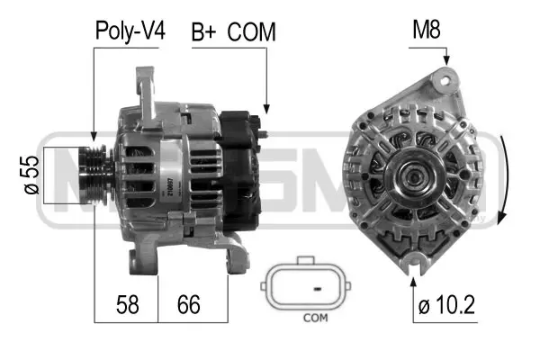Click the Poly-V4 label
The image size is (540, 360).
pos(130,32)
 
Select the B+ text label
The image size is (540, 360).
pos(202,32)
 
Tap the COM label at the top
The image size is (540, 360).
pos(251,32)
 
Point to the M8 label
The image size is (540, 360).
pos(425,32)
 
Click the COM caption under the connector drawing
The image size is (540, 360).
pos(315,318)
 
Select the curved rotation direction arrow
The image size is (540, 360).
pos(506,180)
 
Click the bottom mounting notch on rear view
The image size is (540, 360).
pos(414,262)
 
